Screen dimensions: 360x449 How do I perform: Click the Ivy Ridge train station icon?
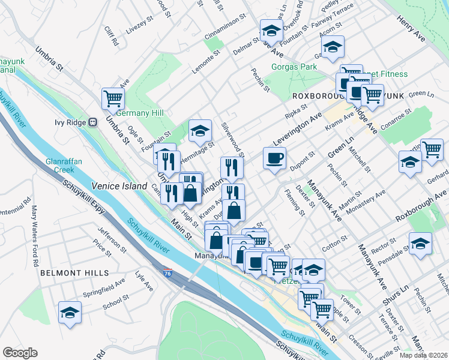[x=93, y=122]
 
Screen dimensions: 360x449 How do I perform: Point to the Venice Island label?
[x=119, y=186]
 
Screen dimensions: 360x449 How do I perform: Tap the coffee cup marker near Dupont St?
[x=275, y=159]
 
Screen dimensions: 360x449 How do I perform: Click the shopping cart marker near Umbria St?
[x=113, y=98]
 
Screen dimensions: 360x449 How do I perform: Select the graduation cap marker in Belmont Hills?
[x=70, y=313]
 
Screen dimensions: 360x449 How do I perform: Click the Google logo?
[x=20, y=353]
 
